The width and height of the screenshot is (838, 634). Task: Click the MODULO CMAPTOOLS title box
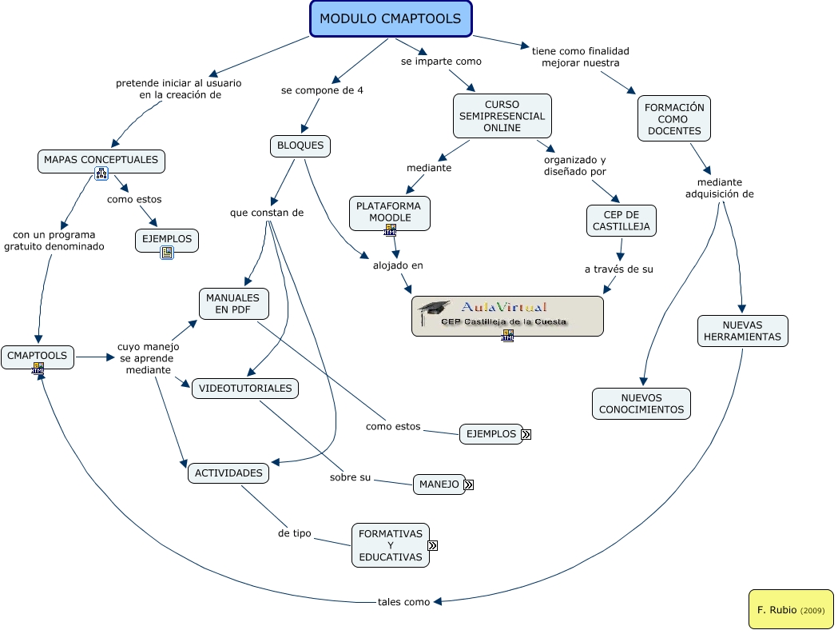pos(391,19)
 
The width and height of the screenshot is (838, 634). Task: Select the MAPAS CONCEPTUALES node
pos(101,160)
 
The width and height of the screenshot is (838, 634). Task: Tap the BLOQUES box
pos(300,146)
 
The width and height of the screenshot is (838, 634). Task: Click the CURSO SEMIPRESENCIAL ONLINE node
pos(502,116)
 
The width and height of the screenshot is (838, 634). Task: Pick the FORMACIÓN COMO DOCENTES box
pos(674,118)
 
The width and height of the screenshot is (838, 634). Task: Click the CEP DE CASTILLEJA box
pos(621,221)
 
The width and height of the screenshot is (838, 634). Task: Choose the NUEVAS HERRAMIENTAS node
pos(742,331)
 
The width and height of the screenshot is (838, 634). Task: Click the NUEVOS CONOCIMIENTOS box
pos(641,404)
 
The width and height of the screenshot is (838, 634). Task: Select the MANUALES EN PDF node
pos(233,304)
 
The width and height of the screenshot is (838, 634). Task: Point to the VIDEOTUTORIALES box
pos(245,389)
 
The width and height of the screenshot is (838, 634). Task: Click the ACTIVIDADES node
pos(228,473)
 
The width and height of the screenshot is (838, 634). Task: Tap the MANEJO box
pos(439,484)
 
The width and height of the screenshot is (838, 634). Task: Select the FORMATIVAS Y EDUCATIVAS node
pos(390,545)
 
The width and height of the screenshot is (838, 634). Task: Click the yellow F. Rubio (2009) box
pos(790,609)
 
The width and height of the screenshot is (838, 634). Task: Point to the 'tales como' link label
pos(403,602)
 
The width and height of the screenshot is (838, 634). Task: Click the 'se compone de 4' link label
pos(322,90)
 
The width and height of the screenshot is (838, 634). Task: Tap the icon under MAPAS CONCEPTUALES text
pos(101,173)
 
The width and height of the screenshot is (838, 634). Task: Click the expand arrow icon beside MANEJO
pos(469,484)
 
